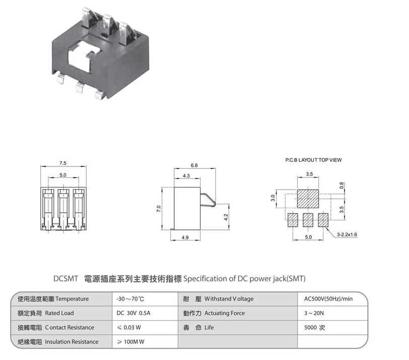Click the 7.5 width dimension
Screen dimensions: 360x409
(x=63, y=163)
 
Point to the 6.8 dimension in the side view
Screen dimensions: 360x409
(x=194, y=165)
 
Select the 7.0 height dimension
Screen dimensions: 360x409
(x=158, y=208)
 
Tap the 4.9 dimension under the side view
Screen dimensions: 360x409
(x=186, y=237)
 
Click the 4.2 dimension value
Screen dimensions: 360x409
(x=226, y=217)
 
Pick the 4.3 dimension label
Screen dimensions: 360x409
(x=186, y=175)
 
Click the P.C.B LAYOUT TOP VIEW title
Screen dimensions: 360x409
(x=310, y=160)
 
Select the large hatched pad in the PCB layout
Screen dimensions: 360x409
(x=308, y=199)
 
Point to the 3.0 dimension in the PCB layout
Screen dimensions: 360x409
(x=273, y=198)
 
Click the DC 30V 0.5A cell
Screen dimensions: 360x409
(x=133, y=313)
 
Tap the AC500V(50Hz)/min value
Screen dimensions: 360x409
(x=328, y=299)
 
